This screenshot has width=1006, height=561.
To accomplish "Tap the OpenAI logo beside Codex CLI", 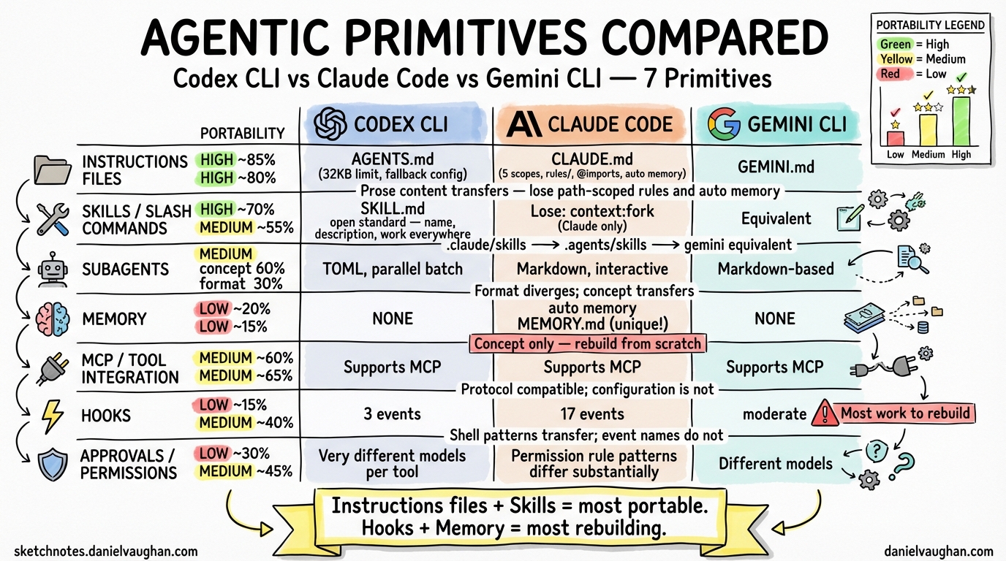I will (x=330, y=123).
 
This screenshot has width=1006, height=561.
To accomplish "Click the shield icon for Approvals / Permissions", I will (x=53, y=465).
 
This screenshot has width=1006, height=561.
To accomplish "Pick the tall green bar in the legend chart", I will (x=961, y=121).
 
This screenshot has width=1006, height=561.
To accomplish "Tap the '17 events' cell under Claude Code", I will (x=592, y=414).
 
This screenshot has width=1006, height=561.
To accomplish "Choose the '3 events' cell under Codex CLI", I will (x=393, y=414).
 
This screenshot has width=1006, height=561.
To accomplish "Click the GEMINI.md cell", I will (x=775, y=167).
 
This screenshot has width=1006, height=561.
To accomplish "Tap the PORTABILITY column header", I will (x=242, y=133).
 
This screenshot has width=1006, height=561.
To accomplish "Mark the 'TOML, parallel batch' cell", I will (x=393, y=269).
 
